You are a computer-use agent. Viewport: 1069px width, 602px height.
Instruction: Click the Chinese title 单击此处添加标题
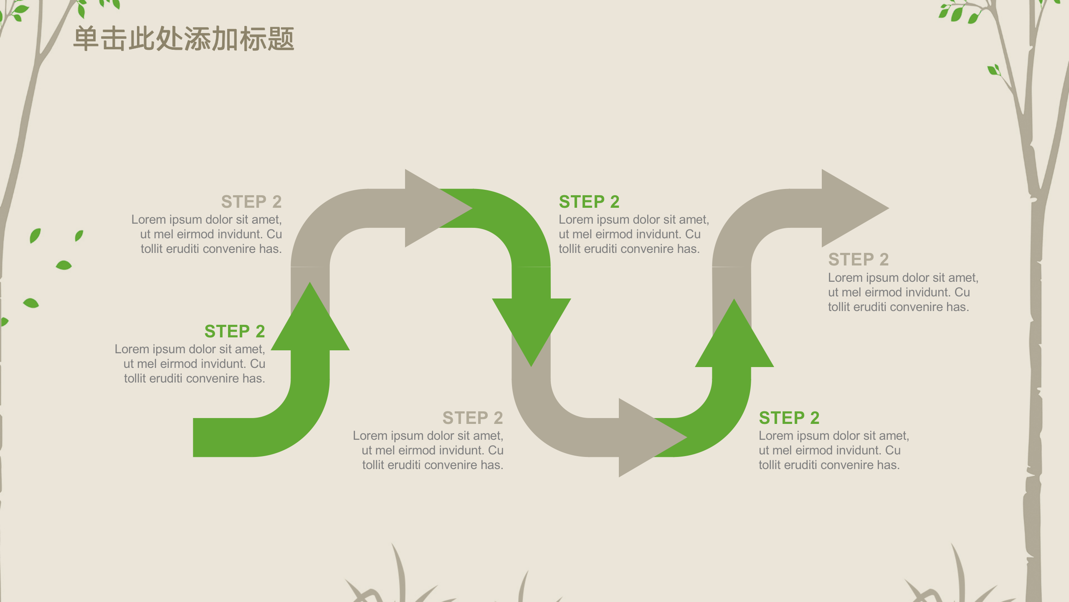click(184, 39)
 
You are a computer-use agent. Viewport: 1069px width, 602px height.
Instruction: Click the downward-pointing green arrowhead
click(531, 326)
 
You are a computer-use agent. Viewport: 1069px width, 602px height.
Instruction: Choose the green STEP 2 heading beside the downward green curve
click(589, 202)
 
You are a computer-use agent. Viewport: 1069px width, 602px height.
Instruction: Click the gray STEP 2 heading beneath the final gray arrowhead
click(858, 260)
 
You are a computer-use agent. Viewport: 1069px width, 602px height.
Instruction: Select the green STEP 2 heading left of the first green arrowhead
click(235, 332)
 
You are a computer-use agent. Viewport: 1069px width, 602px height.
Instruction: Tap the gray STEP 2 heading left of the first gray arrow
click(251, 202)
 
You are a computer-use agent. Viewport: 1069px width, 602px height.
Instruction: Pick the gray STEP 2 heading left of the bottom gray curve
click(473, 418)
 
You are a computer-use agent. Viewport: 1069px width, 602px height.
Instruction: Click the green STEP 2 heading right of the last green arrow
click(789, 418)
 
